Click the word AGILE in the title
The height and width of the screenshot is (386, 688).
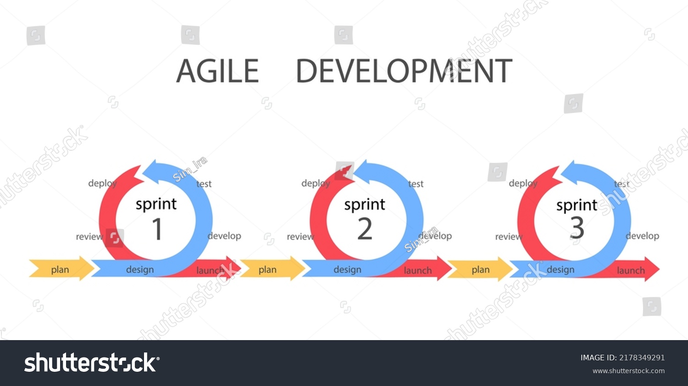pos(217,71)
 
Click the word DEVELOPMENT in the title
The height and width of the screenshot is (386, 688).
pos(404,71)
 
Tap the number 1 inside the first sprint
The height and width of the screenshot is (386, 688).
pos(157,229)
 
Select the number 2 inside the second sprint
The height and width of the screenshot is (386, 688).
pos(365,229)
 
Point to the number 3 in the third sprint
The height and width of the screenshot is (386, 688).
pos(577,228)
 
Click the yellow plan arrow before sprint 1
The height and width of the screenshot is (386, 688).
pos(61,269)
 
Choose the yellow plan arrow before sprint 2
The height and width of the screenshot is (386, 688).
pos(272,269)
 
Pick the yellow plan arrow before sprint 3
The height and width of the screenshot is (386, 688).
pos(480,269)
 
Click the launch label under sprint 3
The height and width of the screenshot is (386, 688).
pos(631,270)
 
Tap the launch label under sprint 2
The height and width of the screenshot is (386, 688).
pos(418,270)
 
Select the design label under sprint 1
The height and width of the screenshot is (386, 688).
pos(140,269)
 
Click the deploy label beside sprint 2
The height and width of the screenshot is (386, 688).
pos(316,184)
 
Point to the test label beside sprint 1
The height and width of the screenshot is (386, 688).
pos(204,184)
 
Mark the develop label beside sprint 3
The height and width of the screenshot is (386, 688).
pos(643,236)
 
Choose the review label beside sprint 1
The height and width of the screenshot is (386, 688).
pos(89,237)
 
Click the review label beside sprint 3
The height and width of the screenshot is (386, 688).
pos(509,237)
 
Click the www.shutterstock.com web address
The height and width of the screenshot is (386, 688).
pos(629,371)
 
